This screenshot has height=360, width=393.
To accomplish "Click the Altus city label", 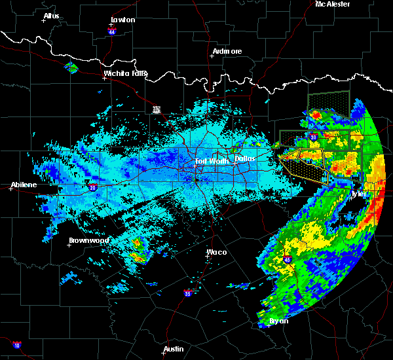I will pos(51,15).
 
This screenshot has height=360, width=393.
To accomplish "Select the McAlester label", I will pos(332,4).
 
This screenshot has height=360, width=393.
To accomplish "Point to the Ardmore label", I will pos(227,51).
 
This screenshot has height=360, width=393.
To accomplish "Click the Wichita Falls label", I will pos(125,73).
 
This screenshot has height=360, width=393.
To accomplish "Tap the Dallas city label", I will pos(246,158).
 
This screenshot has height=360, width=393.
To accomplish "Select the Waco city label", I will pos(216,252).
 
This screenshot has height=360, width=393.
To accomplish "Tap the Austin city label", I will pos(174,349).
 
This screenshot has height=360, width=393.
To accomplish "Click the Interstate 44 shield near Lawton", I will pos(112,31).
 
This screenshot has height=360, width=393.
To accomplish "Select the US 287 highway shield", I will pos(157,109).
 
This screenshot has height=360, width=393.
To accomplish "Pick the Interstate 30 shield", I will pos(314,137).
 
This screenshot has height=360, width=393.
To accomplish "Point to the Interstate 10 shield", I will pos(16,345).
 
